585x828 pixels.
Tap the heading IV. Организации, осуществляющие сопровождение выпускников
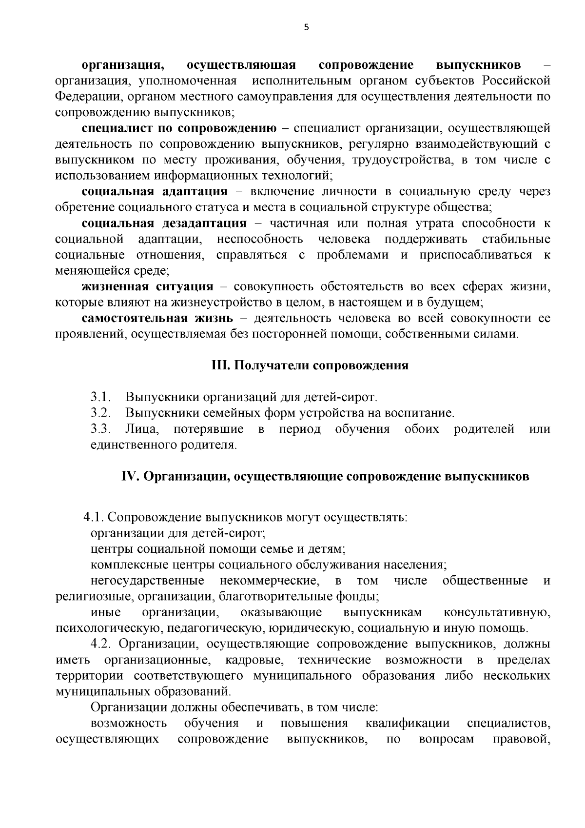point(325,476)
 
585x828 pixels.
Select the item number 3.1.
point(101,397)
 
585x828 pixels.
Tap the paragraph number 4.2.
point(106,644)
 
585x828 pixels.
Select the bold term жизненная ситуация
point(148,286)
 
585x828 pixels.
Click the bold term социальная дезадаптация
point(164,223)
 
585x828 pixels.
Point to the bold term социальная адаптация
point(155,191)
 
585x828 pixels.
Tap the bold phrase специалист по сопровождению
point(179,128)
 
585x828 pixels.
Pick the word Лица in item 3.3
point(141,429)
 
